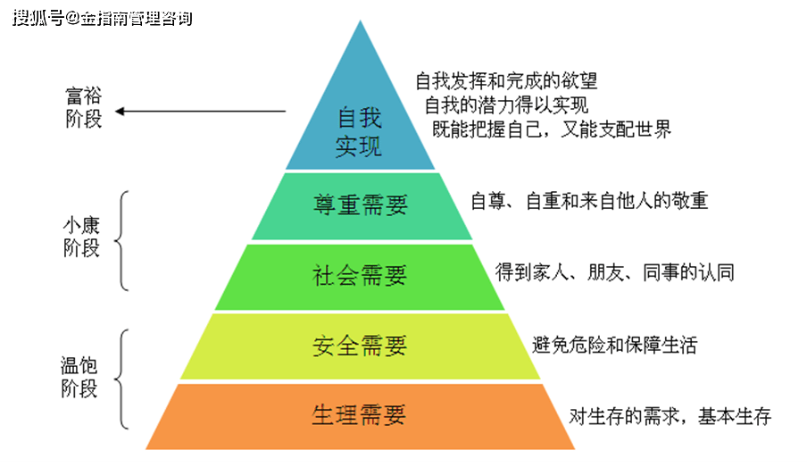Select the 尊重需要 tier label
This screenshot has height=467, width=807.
click(361, 204)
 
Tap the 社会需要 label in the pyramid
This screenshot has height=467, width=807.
click(360, 275)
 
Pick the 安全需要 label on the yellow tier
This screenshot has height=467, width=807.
click(360, 346)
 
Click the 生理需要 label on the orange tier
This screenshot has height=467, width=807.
click(359, 415)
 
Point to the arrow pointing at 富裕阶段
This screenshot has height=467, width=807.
click(200, 112)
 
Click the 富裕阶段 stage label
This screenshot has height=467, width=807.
click(83, 107)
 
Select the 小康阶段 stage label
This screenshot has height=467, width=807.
click(81, 237)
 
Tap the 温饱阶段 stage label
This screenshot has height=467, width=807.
click(79, 377)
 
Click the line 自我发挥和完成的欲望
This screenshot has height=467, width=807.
click(506, 81)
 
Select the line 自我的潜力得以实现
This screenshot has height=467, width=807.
click(506, 105)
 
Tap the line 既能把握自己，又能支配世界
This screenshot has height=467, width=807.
click(552, 129)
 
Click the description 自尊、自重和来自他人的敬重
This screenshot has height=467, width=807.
click(589, 201)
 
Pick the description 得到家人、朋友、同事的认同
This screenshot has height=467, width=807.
click(614, 272)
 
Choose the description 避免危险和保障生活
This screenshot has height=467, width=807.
click(614, 345)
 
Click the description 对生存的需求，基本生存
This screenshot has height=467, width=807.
click(670, 416)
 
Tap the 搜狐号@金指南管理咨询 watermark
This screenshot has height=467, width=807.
click(103, 19)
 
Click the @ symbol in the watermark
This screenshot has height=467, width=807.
click(72, 19)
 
